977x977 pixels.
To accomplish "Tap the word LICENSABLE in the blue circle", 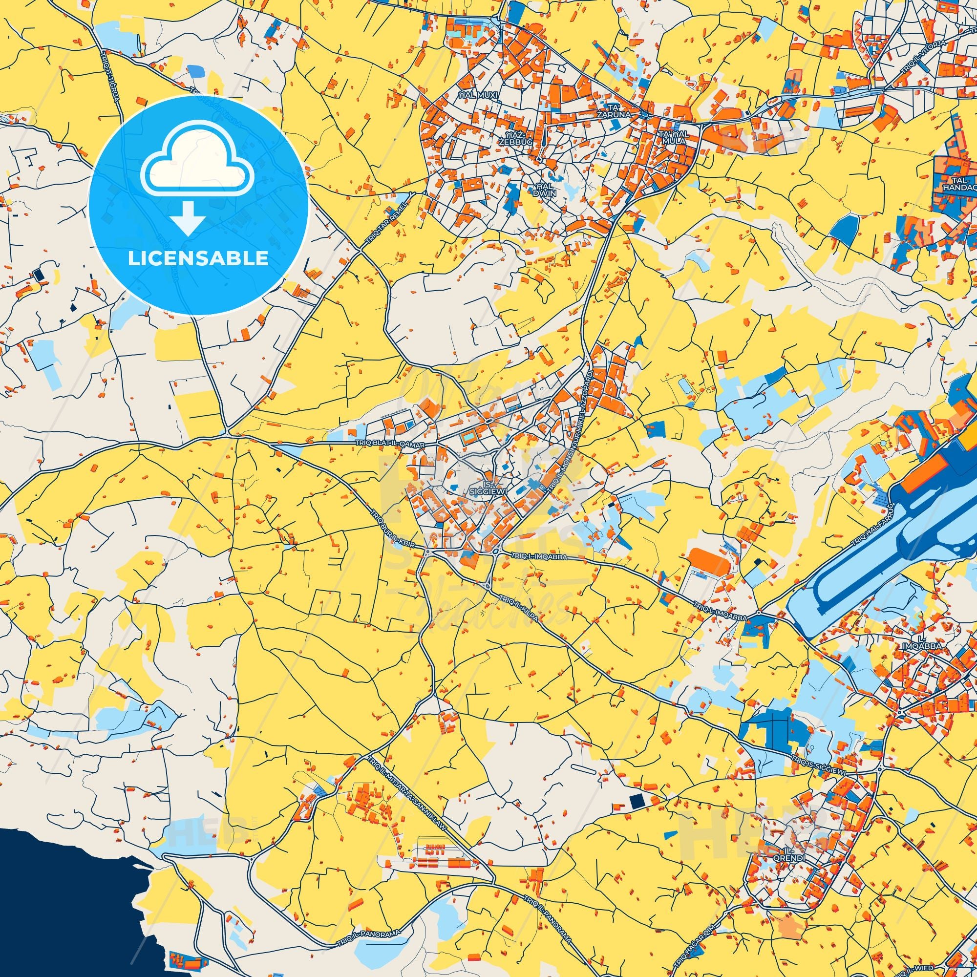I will point(198,258).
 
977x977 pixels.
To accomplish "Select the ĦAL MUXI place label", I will point(472,95).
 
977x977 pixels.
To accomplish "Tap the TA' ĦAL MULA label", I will point(673,137).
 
